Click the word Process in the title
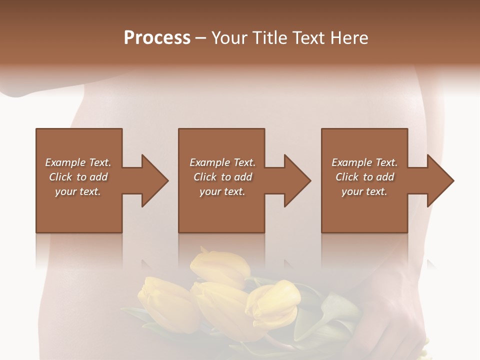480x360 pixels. [157, 37]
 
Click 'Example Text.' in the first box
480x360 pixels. [78, 162]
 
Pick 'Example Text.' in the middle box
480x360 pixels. [222, 162]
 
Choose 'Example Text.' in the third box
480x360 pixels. [364, 162]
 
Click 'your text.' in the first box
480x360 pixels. [78, 191]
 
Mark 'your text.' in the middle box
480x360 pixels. [222, 191]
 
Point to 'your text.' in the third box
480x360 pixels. [364, 191]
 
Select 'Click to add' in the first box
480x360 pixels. [78, 177]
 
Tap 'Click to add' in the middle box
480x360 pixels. [222, 177]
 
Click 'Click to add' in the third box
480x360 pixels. [364, 177]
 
